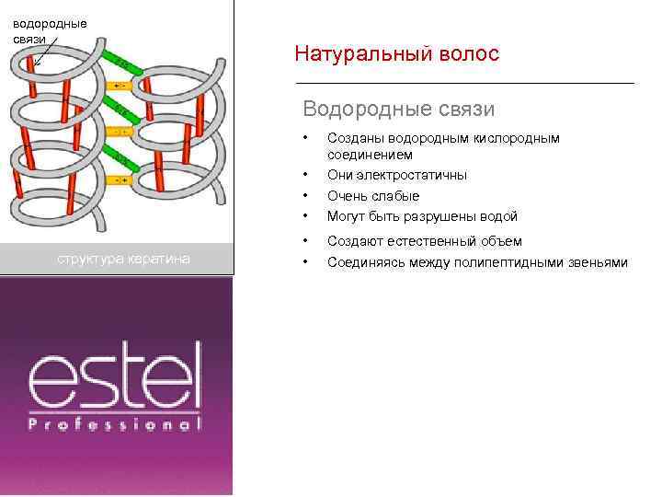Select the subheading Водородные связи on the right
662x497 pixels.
(x=398, y=110)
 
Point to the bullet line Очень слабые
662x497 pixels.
(x=373, y=196)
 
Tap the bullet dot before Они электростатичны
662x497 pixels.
(x=306, y=175)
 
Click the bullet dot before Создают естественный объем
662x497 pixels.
(x=306, y=241)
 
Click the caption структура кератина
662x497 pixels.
(x=123, y=259)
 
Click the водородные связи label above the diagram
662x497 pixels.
(x=50, y=30)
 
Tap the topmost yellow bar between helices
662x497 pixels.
(x=120, y=86)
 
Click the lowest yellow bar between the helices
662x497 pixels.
(x=120, y=180)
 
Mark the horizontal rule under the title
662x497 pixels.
(x=464, y=83)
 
